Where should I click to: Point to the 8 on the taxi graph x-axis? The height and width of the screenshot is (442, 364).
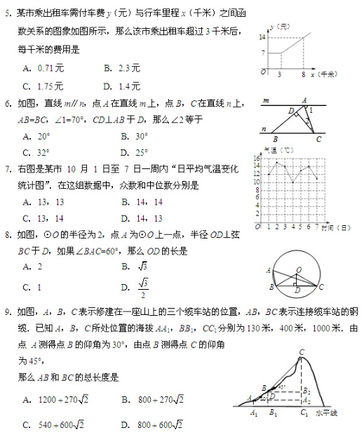coord(304,74)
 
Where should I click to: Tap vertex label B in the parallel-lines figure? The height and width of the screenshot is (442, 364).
coord(274,138)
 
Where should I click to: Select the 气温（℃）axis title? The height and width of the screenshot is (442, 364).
coord(278,149)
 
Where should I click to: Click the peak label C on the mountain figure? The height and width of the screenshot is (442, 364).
coord(302,352)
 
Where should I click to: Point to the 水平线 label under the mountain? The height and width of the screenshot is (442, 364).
coord(326,413)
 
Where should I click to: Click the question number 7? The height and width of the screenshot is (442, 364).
coord(7,168)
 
